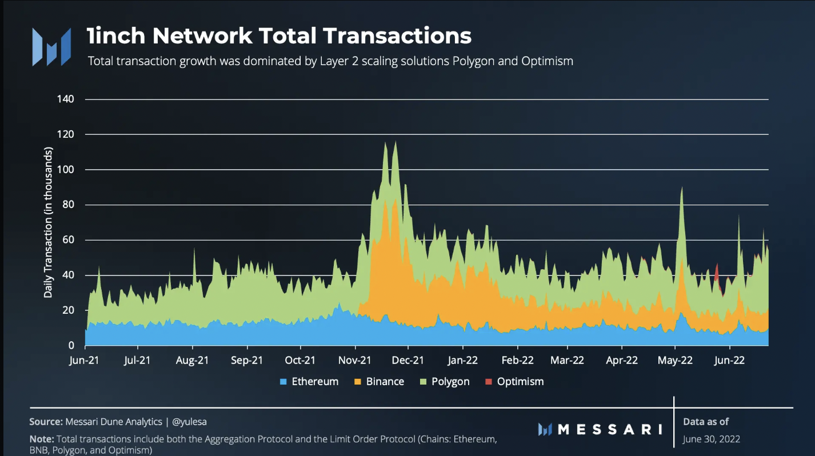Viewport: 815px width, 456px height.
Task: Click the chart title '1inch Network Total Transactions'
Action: (279, 36)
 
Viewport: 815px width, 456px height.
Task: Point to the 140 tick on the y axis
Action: (66, 99)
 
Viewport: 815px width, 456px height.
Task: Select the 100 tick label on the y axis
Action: (66, 170)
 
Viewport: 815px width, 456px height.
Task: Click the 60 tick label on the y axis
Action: (69, 240)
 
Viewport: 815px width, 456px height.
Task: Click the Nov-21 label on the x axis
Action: (355, 360)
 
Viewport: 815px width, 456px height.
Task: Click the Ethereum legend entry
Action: (309, 382)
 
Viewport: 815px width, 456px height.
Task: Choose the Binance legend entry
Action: (379, 382)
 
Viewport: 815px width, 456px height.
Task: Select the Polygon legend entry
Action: (445, 382)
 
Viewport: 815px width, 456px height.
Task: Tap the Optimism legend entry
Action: (514, 382)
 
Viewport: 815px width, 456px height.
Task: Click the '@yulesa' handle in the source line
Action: (189, 422)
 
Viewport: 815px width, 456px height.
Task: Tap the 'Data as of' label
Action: (706, 422)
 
